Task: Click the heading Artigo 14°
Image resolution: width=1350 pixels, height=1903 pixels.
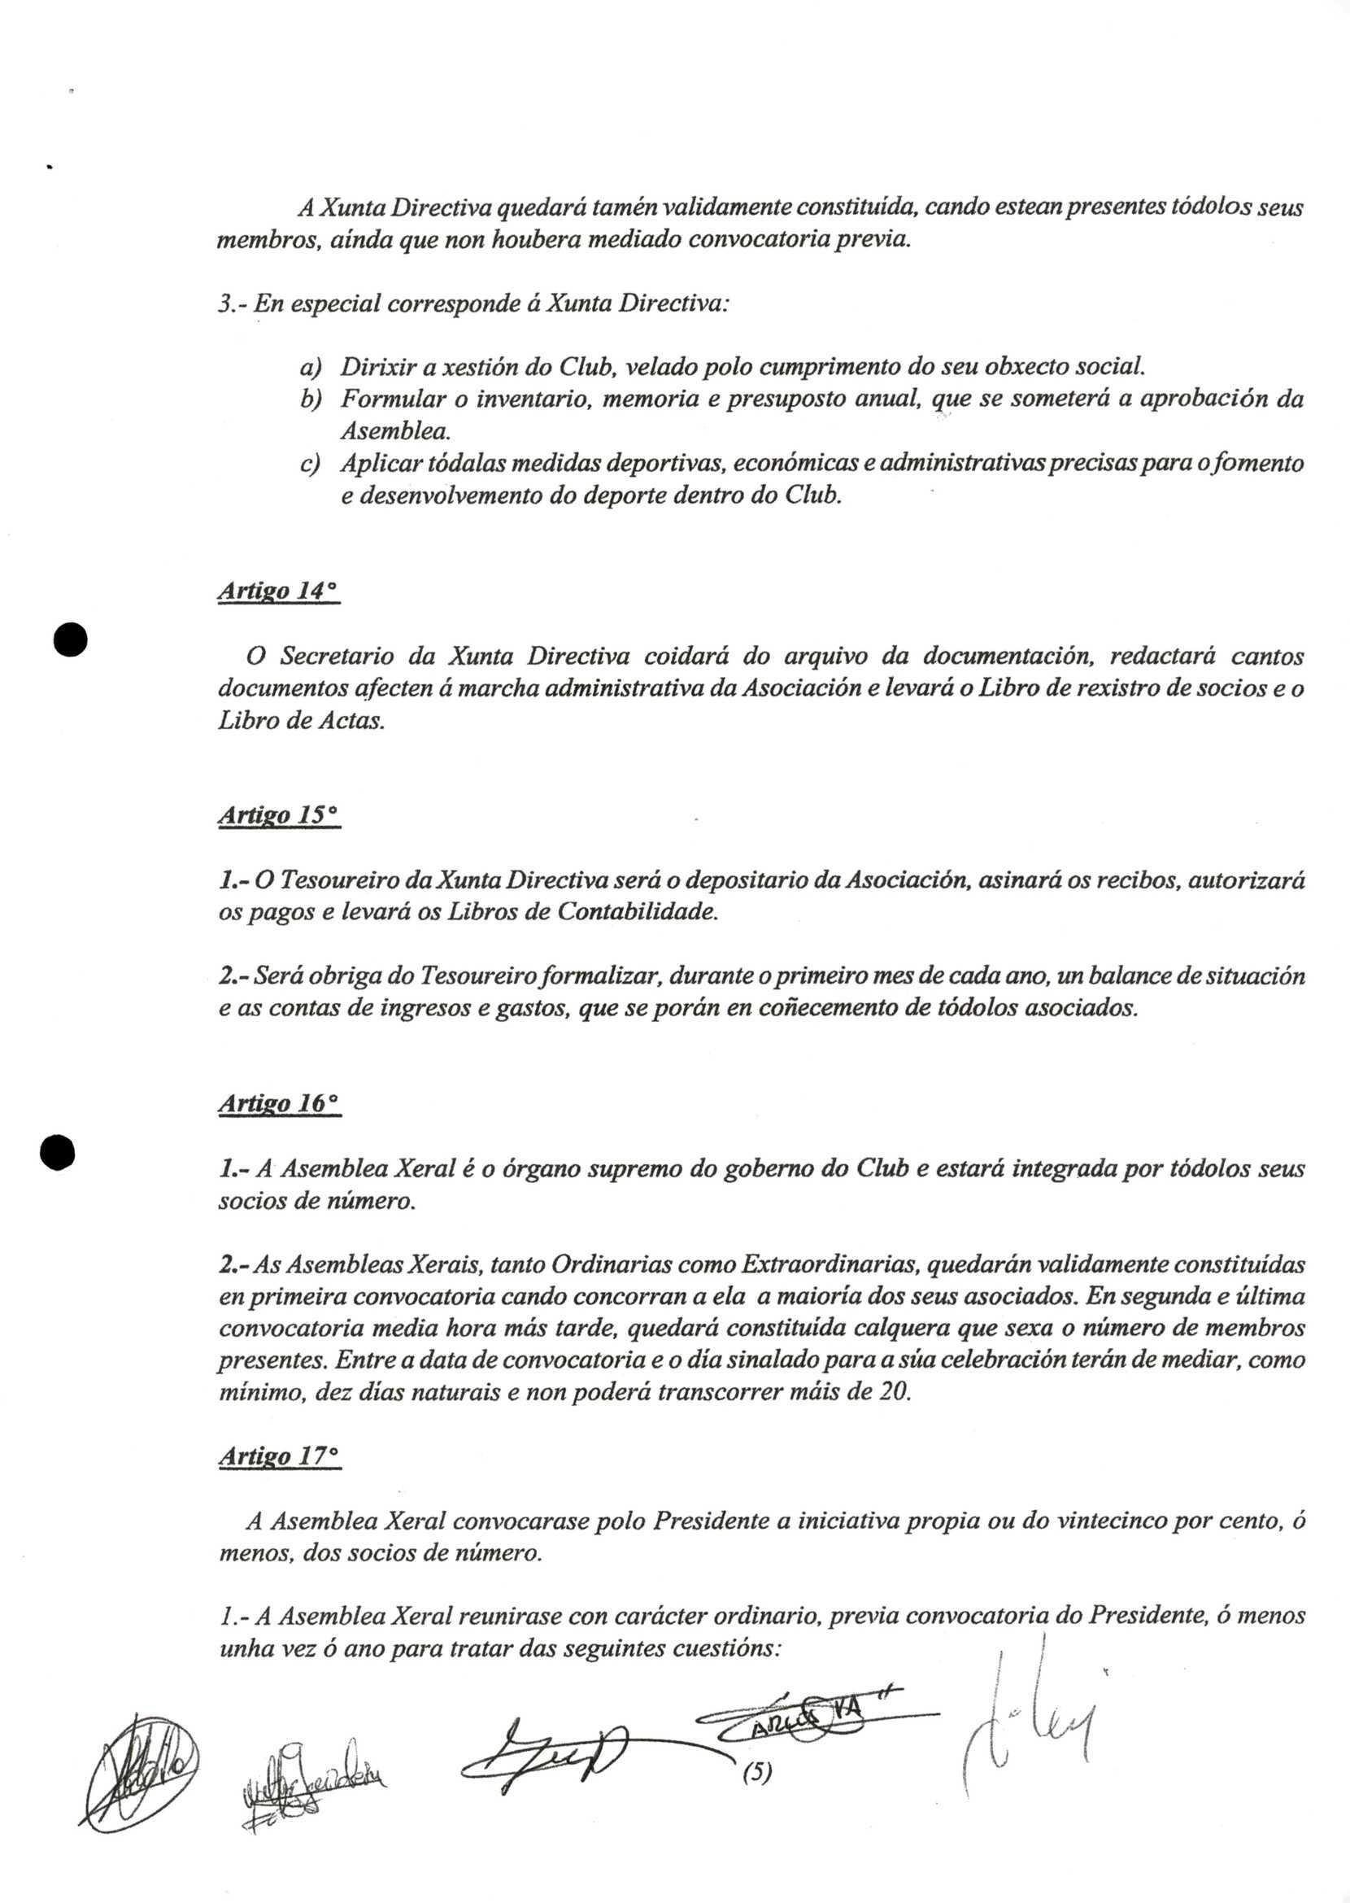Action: point(277,592)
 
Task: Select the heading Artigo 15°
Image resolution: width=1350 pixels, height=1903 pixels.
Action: point(278,817)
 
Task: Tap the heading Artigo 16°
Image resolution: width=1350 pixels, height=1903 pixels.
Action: point(279,1104)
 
